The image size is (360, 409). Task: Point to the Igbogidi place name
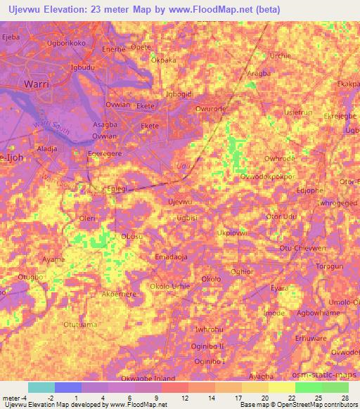click(177, 93)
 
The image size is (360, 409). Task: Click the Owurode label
click(211, 109)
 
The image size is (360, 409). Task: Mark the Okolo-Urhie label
click(170, 286)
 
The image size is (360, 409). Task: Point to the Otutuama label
click(80, 325)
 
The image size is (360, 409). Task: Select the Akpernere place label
click(118, 294)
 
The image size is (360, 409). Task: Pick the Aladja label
click(47, 150)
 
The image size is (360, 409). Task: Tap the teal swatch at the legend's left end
click(41, 387)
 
